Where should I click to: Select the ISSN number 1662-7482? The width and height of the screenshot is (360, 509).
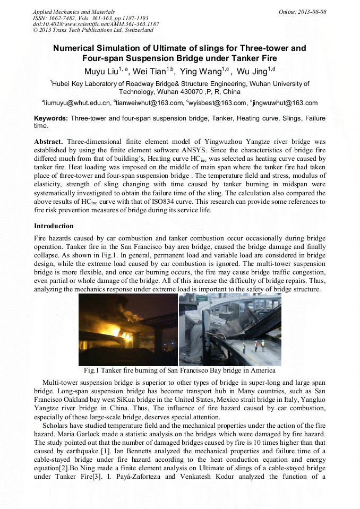click(59, 18)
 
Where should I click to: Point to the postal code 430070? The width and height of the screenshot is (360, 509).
click(167, 92)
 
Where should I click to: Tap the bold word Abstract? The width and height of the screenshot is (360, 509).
click(49, 142)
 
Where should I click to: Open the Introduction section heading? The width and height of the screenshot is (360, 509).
click(54, 226)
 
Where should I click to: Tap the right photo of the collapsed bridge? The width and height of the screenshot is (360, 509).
click(230, 329)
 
